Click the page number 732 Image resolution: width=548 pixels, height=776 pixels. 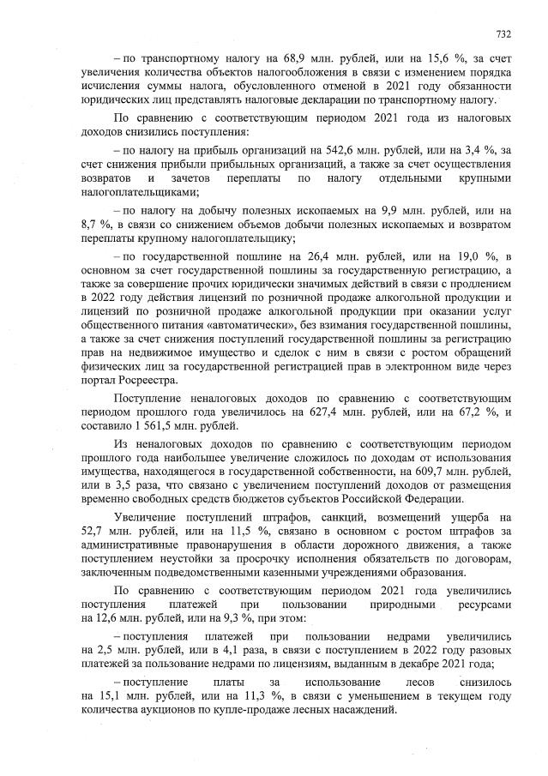[503, 34]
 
